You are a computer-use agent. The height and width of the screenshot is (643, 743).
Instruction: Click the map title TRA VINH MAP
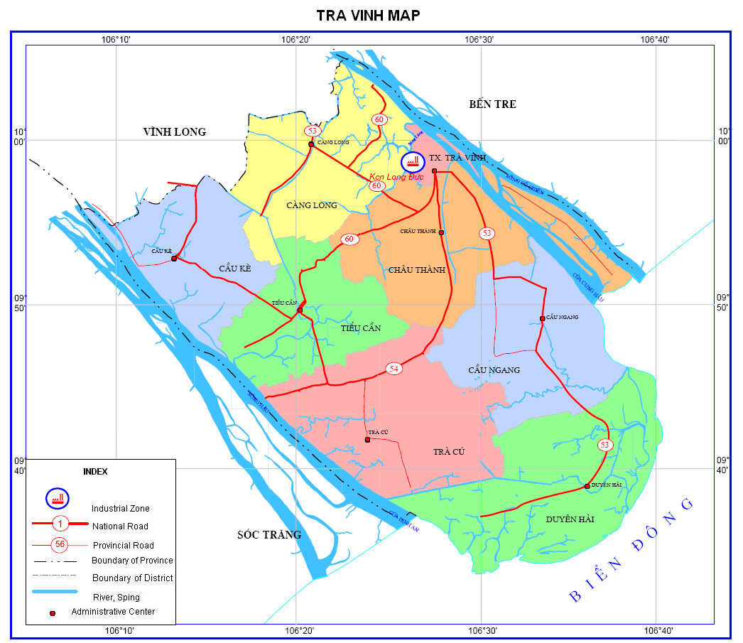click(368, 16)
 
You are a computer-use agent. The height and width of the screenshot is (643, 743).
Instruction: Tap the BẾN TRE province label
click(492, 104)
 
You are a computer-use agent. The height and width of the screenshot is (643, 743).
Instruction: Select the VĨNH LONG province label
click(174, 131)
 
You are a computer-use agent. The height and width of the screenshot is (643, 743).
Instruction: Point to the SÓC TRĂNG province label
click(269, 534)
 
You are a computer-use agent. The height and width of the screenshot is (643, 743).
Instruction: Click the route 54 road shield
click(394, 368)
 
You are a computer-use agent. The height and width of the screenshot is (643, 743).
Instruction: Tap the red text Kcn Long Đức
click(396, 176)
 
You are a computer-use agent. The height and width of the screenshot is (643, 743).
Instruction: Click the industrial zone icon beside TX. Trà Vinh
click(411, 161)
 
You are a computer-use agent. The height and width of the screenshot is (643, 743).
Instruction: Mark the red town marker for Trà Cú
click(367, 440)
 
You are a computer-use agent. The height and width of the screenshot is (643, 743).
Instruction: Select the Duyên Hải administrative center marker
click(587, 486)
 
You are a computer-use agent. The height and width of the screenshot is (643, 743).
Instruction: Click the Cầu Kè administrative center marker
click(174, 259)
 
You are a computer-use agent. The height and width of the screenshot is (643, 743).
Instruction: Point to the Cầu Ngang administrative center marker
click(542, 318)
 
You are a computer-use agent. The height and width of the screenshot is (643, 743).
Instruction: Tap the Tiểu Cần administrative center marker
click(300, 310)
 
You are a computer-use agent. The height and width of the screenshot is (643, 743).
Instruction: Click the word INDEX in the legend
click(96, 471)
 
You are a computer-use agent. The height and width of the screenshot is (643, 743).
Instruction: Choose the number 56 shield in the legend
click(60, 545)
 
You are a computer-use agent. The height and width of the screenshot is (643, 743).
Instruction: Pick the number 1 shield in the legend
click(60, 524)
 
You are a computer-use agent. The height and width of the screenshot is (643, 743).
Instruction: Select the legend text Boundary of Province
click(132, 561)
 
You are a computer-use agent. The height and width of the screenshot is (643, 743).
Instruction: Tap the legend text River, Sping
click(116, 597)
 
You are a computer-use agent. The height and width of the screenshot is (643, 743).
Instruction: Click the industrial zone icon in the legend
click(58, 498)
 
